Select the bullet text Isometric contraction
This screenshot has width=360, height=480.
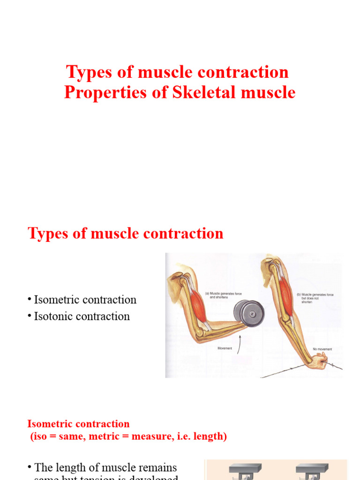pyautogui.click(x=85, y=300)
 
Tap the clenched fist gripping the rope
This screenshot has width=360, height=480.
pyautogui.click(x=322, y=361)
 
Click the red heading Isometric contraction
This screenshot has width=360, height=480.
pyautogui.click(x=78, y=424)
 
